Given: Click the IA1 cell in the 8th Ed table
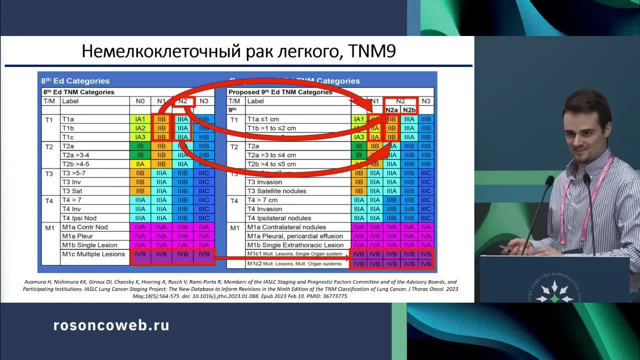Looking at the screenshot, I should click(140, 119).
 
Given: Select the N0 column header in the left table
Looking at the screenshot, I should click(140, 101).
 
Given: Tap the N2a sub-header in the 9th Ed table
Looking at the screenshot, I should click(391, 110).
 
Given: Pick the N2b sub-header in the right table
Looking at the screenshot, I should click(409, 110).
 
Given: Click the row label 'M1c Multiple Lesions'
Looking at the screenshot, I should click(93, 254).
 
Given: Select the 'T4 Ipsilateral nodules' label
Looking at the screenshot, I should click(279, 218).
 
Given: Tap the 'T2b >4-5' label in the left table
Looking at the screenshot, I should click(76, 164).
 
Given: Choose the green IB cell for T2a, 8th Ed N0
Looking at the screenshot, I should click(140, 146).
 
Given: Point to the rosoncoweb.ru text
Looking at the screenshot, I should click(111, 325).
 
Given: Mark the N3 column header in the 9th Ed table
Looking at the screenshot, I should click(426, 101).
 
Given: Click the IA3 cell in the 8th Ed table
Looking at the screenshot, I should click(140, 137).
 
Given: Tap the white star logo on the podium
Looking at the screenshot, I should click(554, 292).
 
